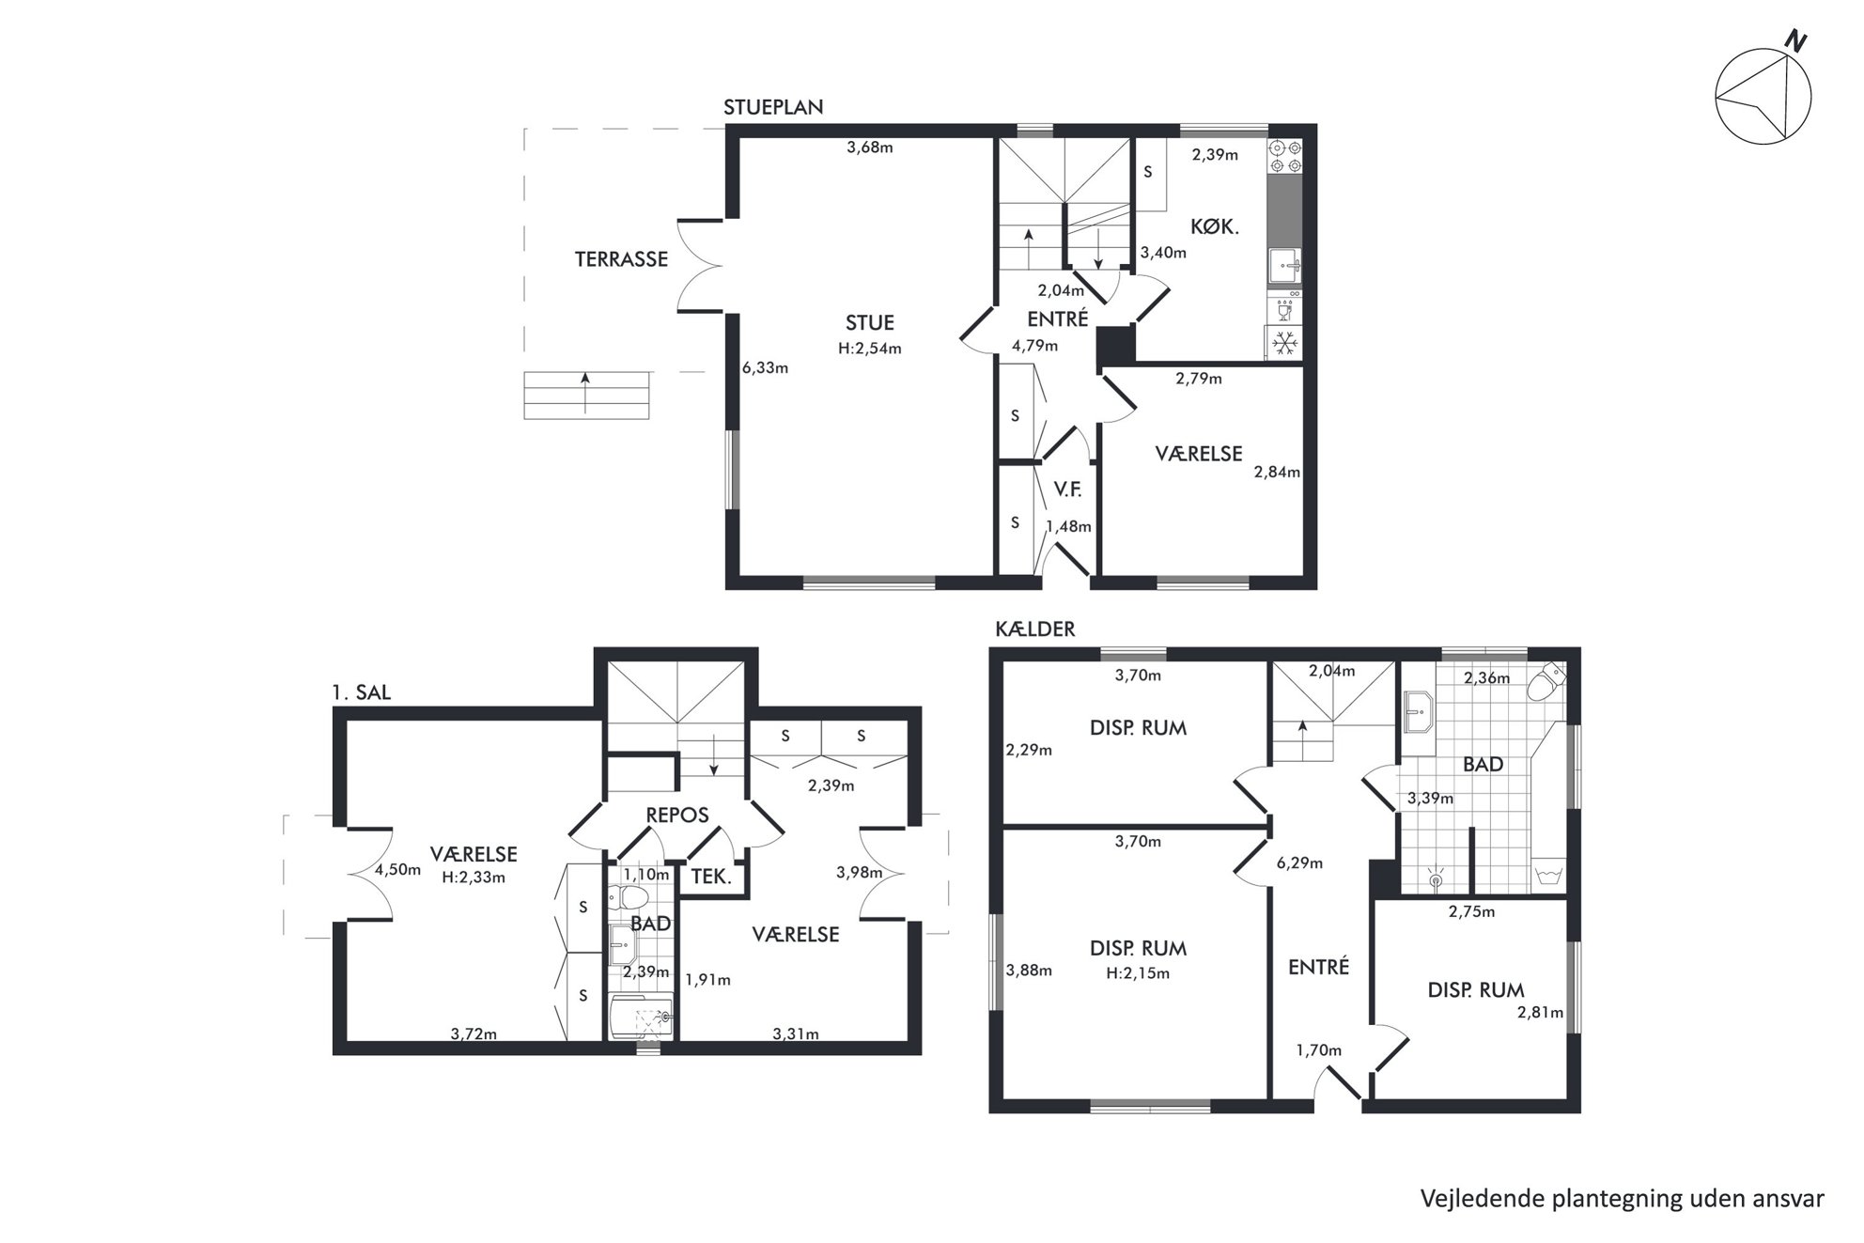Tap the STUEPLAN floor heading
(x=773, y=107)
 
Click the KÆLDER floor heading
(x=1035, y=629)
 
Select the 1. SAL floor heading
(x=361, y=693)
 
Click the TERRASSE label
(x=621, y=259)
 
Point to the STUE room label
(x=870, y=323)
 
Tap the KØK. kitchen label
(x=1215, y=226)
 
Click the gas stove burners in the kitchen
(x=1285, y=157)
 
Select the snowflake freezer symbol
(x=1285, y=343)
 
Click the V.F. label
(x=1067, y=489)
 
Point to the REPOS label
(x=677, y=815)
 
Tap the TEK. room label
(x=711, y=877)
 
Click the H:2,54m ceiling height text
(x=870, y=349)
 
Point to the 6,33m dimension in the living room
(x=765, y=368)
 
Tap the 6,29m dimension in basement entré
(x=1299, y=862)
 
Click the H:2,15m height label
(x=1138, y=973)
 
